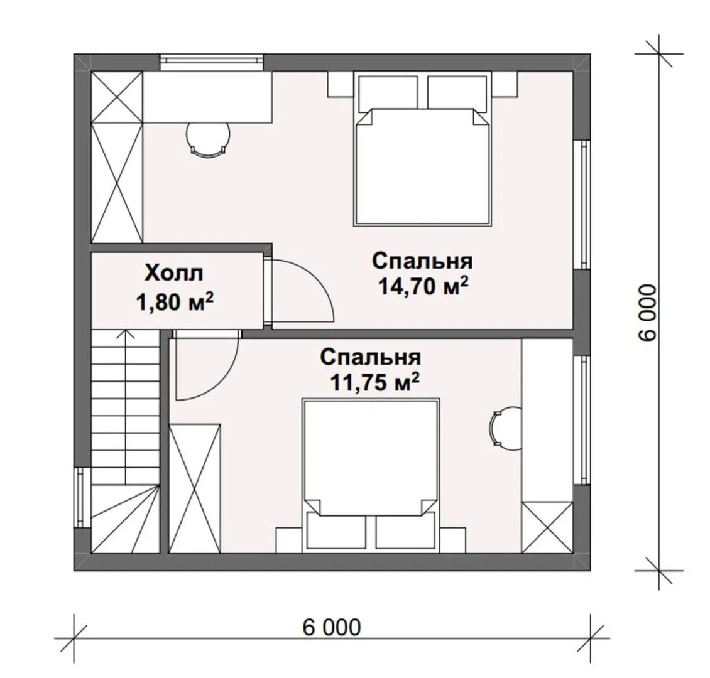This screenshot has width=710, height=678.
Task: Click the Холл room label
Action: (174, 274)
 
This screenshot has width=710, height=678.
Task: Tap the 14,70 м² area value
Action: (423, 286)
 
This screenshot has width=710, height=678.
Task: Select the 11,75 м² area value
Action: (374, 383)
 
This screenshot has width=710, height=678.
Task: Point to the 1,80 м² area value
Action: (175, 303)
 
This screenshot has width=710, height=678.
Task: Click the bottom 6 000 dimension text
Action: (332, 627)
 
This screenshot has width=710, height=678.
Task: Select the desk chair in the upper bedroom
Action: (209, 139)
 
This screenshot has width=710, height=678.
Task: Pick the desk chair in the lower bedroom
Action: (505, 428)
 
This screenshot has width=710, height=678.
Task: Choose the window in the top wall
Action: (212, 62)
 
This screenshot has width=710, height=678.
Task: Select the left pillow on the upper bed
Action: (388, 93)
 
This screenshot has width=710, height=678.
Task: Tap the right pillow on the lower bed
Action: (405, 534)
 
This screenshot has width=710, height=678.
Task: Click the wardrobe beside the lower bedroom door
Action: (195, 488)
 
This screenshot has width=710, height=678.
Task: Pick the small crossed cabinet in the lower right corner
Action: (547, 527)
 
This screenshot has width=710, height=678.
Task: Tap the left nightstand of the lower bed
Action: (290, 540)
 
